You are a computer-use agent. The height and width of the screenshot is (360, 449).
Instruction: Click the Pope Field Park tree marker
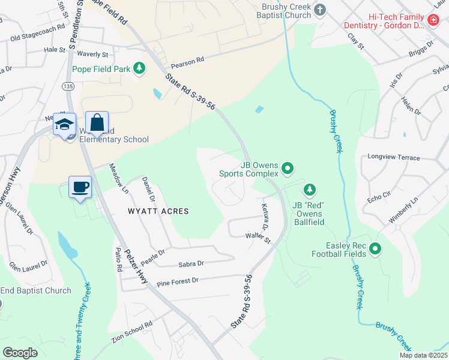(x=139, y=68)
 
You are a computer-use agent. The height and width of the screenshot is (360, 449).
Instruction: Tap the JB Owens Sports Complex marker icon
(x=288, y=169)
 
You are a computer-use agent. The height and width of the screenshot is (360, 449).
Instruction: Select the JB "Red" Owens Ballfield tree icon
(x=309, y=190)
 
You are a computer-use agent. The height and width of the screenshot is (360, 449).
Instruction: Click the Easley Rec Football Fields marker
(x=375, y=248)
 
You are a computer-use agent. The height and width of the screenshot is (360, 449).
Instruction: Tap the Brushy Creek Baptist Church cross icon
(x=320, y=10)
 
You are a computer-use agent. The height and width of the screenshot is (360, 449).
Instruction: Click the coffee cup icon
(x=80, y=187)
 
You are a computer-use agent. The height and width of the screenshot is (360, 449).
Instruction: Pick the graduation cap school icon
(x=64, y=123)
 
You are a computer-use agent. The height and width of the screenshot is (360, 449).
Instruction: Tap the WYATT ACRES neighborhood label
(x=158, y=211)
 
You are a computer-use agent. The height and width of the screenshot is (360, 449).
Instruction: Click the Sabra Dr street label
(x=191, y=263)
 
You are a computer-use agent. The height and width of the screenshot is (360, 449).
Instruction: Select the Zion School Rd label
(x=132, y=332)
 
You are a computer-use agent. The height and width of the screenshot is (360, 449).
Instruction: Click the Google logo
(x=20, y=352)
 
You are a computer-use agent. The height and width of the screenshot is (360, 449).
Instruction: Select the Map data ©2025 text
(x=423, y=355)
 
